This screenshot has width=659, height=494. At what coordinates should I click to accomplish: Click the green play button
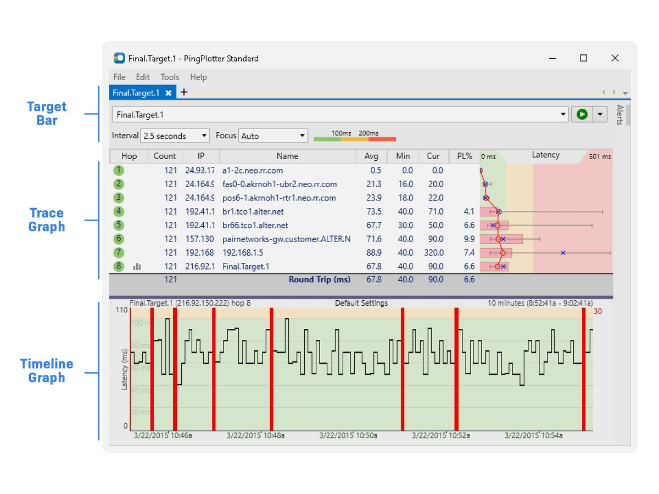(x=582, y=114)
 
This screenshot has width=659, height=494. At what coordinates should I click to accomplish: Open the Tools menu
(x=170, y=77)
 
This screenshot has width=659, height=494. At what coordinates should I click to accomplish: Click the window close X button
(x=615, y=58)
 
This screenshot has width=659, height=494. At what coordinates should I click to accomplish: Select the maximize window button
(x=583, y=58)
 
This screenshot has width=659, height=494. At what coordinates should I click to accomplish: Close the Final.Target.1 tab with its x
(x=169, y=93)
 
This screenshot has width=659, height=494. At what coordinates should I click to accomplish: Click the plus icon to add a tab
(x=184, y=92)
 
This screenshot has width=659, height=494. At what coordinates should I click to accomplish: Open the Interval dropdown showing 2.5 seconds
(x=175, y=136)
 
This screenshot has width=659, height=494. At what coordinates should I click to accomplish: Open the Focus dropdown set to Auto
(x=272, y=136)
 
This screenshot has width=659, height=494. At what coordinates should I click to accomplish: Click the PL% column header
(x=464, y=156)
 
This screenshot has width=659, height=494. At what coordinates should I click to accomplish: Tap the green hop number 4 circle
(x=119, y=211)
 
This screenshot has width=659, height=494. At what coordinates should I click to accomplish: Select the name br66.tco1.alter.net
(x=255, y=225)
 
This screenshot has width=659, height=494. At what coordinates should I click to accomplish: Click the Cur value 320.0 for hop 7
(x=433, y=252)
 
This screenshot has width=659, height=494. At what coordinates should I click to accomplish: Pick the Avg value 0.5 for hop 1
(x=376, y=170)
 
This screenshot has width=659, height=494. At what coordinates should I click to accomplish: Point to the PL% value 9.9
(x=468, y=239)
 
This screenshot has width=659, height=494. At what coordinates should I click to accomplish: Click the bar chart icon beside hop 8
(x=137, y=267)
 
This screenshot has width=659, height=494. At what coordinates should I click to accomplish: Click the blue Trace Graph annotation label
(x=47, y=220)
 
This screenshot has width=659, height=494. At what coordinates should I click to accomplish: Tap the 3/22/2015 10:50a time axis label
(x=348, y=435)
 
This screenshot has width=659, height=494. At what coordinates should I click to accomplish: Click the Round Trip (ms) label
(x=319, y=280)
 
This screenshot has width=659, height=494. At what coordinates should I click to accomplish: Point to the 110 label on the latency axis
(x=121, y=310)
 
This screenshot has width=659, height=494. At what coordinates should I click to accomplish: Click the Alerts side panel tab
(x=620, y=115)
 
